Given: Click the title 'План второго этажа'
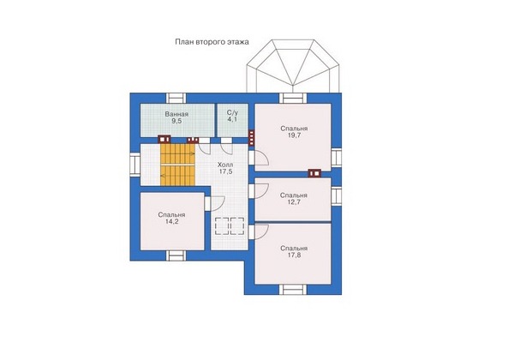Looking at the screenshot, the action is [x=212, y=42].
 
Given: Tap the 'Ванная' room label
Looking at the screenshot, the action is [x=176, y=114].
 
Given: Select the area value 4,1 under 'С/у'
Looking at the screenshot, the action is [x=232, y=119].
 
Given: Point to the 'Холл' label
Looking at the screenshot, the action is [x=225, y=165].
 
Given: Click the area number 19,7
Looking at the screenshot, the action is [x=294, y=135].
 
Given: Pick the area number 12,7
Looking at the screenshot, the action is [x=294, y=202].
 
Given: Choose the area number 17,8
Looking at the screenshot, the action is [x=294, y=255].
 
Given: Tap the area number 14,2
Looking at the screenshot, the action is [x=172, y=222].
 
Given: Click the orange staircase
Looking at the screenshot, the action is [x=177, y=165].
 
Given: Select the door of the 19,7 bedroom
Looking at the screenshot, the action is [x=259, y=158].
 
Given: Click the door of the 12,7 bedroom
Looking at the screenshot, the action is [x=259, y=191].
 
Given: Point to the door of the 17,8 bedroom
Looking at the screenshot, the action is [x=259, y=231].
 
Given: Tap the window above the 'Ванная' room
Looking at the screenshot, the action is [x=176, y=99].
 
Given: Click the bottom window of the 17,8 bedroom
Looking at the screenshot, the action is [x=293, y=290].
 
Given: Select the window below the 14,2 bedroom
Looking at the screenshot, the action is [x=176, y=255].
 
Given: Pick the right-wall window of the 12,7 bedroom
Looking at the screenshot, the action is [x=337, y=195].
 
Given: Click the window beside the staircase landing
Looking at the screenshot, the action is [x=135, y=164].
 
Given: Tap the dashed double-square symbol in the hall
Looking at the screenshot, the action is [x=230, y=226].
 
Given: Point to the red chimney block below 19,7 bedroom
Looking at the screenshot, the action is [x=314, y=173].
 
